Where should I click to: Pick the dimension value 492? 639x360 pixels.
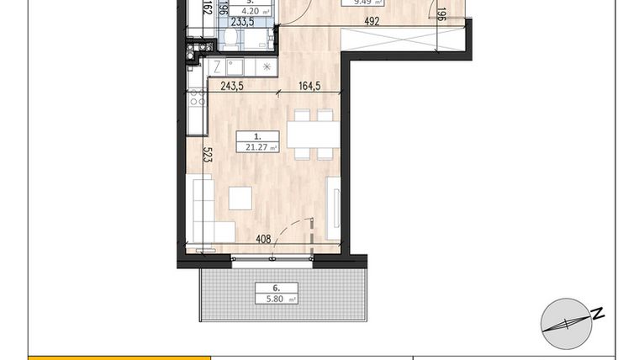click(372, 22)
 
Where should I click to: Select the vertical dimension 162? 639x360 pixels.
click(207, 9)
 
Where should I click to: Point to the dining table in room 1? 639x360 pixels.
click(313, 135)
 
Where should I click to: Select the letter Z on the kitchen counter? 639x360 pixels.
click(217, 66)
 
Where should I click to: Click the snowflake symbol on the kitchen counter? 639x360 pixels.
click(267, 66)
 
